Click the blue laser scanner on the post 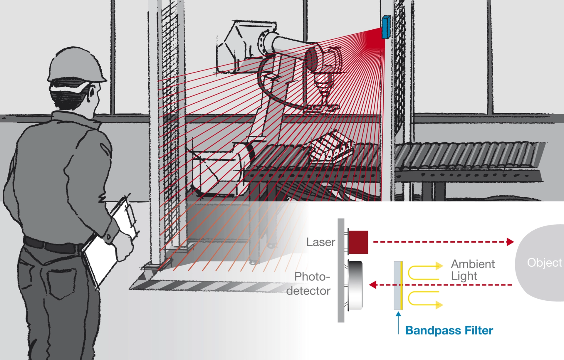[386, 27]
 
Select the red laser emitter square [358, 242]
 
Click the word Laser [320, 242]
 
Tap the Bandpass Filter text [449, 330]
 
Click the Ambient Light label [473, 270]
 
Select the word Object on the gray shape [544, 263]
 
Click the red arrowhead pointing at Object [510, 242]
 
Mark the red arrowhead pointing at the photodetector [373, 285]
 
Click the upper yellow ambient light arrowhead [439, 266]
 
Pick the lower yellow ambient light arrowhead [439, 305]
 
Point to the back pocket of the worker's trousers [60, 282]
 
